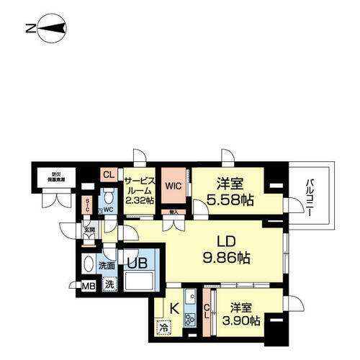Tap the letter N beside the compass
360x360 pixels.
point(28,30)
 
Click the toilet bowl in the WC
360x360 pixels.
point(108,195)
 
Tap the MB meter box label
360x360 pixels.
point(87,287)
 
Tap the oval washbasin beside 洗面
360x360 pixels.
point(88,264)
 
